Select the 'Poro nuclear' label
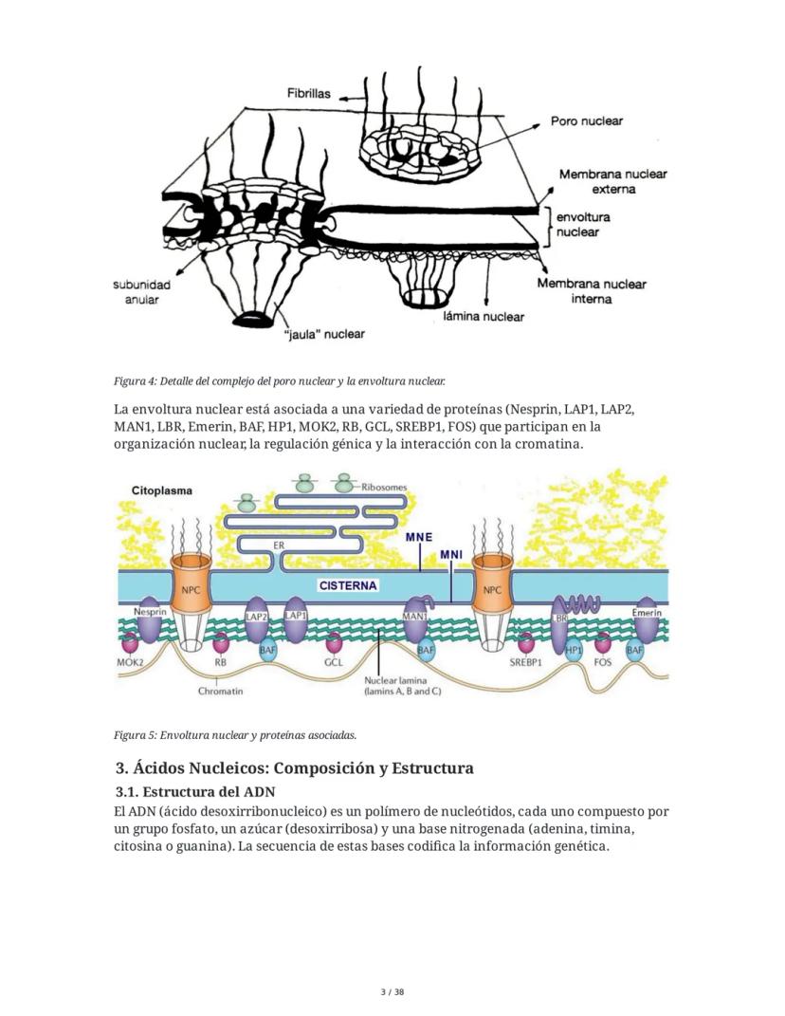click(587, 121)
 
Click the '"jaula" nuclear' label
click(324, 334)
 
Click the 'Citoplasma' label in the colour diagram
click(162, 490)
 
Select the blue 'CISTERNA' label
click(347, 585)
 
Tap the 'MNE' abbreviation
click(419, 537)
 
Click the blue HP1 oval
click(574, 650)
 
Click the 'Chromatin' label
click(220, 691)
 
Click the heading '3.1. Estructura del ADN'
click(209, 791)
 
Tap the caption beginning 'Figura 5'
click(235, 734)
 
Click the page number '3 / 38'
click(392, 992)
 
